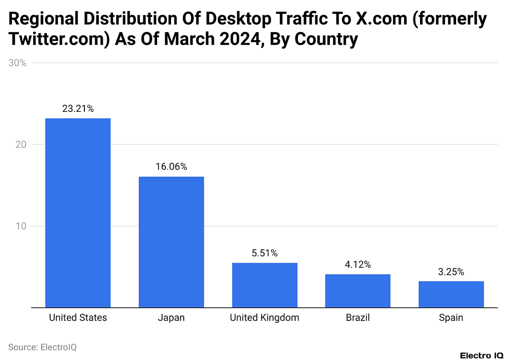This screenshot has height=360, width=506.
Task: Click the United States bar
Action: (78, 213)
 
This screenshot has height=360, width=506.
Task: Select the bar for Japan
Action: (171, 242)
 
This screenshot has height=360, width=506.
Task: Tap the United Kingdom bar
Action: (264, 285)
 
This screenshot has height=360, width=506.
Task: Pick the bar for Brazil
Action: (358, 290)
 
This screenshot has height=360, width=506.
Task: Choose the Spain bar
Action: (451, 294)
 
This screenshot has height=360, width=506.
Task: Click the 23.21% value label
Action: (78, 109)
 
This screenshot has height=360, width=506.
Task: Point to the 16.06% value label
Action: (171, 167)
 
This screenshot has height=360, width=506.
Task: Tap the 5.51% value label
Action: (264, 253)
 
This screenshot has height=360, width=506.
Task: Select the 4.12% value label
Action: (358, 265)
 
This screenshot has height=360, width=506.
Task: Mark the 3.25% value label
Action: (451, 271)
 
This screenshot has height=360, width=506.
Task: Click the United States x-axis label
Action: (78, 318)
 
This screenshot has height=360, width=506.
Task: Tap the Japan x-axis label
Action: (171, 318)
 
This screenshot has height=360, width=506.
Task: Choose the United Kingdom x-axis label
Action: (264, 318)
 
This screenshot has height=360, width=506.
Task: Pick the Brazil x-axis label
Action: (358, 318)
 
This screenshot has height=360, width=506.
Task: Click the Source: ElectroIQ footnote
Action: (42, 347)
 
